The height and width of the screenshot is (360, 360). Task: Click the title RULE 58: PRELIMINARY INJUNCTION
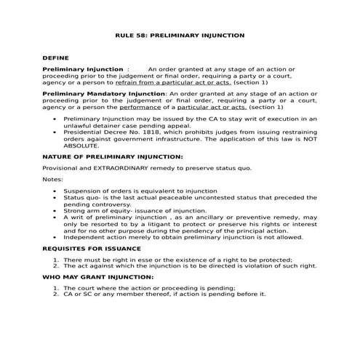[x=180, y=35]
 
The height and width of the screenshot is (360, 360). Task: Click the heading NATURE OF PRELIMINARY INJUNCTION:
[x=112, y=156]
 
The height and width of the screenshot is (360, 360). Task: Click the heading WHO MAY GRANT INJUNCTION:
[x=100, y=277]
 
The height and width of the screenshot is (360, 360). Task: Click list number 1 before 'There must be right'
[x=55, y=260]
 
